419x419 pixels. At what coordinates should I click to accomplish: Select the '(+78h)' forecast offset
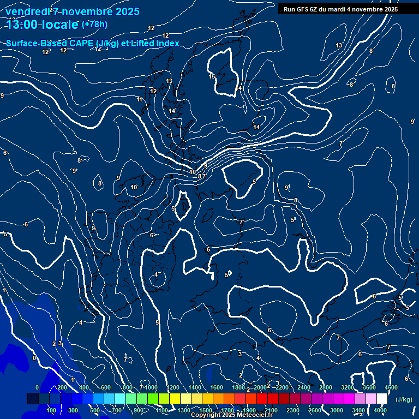click(x=94, y=25)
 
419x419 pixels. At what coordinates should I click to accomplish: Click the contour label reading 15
click(x=212, y=76)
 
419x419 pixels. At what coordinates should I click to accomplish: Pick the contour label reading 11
click(x=140, y=99)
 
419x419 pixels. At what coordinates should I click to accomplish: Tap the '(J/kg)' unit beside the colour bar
click(x=403, y=400)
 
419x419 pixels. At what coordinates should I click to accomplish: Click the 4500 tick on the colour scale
click(x=391, y=387)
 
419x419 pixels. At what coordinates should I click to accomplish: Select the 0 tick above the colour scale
click(x=37, y=387)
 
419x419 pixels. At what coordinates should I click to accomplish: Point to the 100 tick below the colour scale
click(x=52, y=410)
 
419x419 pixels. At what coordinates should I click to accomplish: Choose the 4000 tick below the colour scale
click(x=380, y=410)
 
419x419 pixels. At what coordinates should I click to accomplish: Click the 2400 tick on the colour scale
click(x=304, y=387)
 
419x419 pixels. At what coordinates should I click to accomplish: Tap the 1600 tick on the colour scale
click(x=217, y=387)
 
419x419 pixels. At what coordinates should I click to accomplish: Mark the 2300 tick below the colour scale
click(x=293, y=410)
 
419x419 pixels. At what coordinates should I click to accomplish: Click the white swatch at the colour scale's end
click(x=382, y=399)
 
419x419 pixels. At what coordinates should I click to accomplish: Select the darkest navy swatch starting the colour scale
click(x=33, y=399)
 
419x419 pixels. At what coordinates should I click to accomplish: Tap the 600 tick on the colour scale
click(x=106, y=387)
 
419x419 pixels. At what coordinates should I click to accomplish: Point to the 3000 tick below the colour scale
click(x=337, y=410)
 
